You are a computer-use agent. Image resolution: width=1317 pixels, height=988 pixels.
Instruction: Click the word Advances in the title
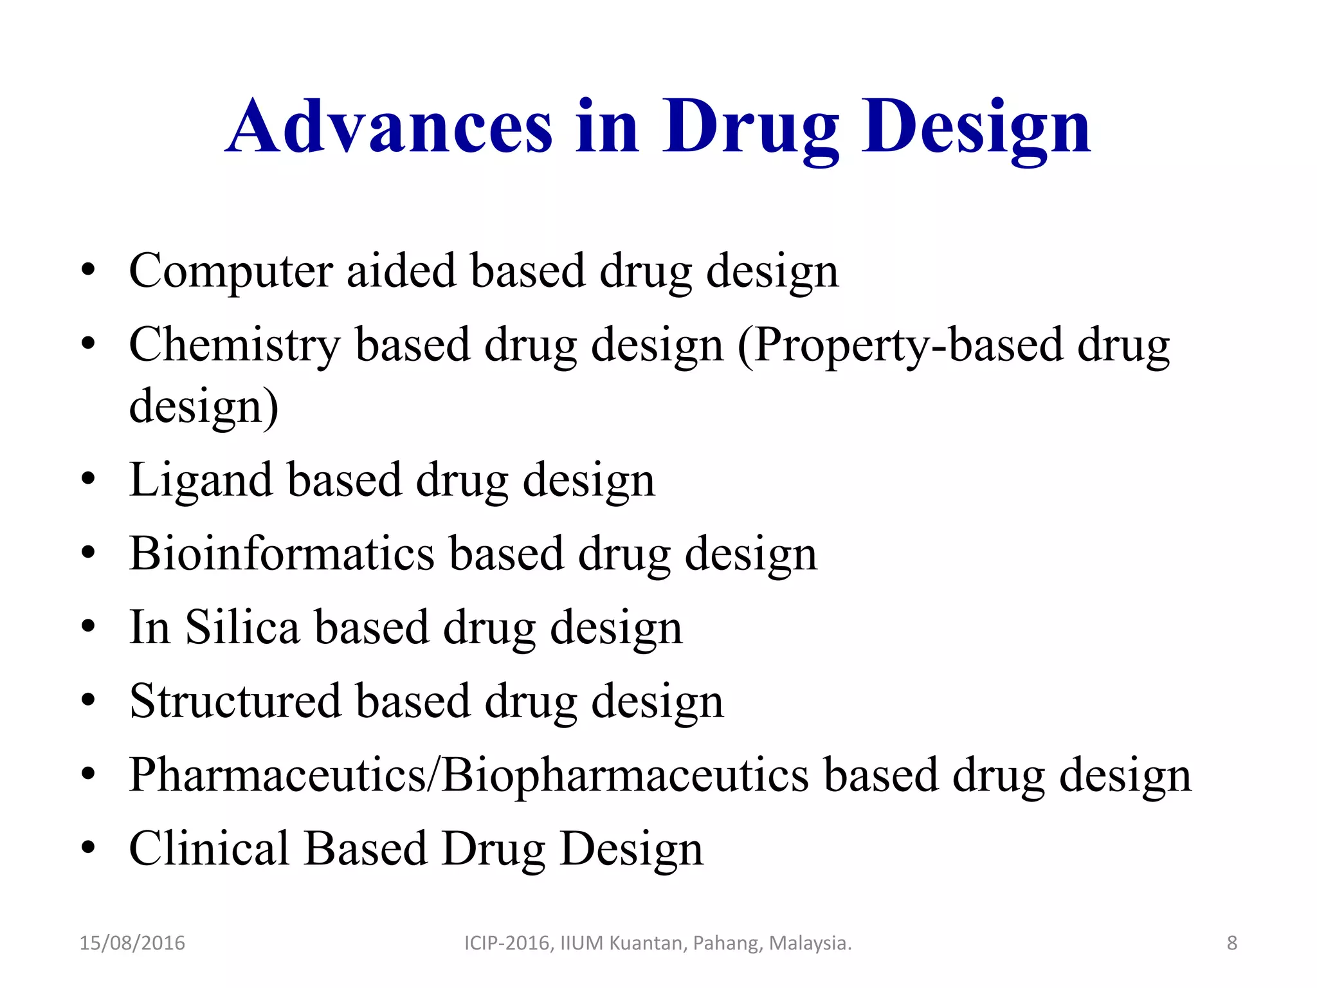[x=389, y=127]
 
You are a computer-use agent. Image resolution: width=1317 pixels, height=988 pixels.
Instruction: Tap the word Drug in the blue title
[x=750, y=127]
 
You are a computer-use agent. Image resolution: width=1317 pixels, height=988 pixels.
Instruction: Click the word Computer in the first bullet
[x=230, y=271]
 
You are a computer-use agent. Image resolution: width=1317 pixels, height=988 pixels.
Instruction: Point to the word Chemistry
[x=234, y=345]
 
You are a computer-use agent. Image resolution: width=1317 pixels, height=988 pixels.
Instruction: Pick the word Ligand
[x=201, y=480]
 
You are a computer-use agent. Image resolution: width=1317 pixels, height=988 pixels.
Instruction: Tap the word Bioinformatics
[x=282, y=554]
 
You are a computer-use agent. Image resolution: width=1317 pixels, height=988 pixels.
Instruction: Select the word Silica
[x=242, y=627]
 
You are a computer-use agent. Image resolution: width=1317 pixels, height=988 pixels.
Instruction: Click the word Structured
[x=235, y=701]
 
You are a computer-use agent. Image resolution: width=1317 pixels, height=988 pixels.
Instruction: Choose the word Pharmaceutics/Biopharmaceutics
[x=469, y=775]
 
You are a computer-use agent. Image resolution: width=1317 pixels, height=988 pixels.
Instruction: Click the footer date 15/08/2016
[x=132, y=943]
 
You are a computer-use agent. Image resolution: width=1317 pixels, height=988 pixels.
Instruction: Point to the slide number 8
[x=1231, y=943]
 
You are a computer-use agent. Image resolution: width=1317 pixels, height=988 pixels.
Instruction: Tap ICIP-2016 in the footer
[x=508, y=943]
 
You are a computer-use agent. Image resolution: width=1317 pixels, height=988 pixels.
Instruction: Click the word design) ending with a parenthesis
[x=204, y=407]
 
